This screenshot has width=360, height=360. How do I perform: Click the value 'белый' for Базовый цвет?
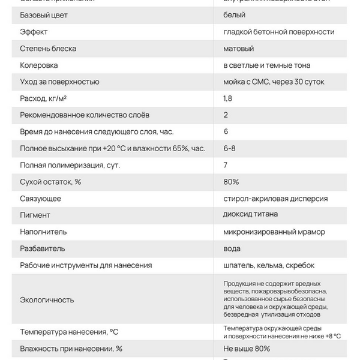click(234, 14)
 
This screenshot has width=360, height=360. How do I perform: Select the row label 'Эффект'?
click(34, 31)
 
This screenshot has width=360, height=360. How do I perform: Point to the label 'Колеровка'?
click(39, 65)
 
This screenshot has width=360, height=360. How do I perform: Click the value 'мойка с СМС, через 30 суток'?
click(276, 82)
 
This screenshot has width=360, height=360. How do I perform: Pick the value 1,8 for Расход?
click(228, 98)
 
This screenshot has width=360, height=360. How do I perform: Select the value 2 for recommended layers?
click(226, 115)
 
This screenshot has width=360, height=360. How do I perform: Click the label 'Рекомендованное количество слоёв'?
click(85, 115)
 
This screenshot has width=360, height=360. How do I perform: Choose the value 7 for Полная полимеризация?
click(226, 164)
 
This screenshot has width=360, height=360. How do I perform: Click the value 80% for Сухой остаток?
click(231, 181)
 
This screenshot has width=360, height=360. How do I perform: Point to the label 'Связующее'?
click(40, 198)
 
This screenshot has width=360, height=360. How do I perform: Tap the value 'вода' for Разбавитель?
click(233, 248)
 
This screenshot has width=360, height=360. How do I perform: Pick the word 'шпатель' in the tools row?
click(239, 265)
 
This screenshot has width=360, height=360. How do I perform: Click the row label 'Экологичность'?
click(47, 299)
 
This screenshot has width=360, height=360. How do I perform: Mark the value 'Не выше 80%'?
click(247, 348)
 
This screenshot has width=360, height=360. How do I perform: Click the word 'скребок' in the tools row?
click(300, 265)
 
